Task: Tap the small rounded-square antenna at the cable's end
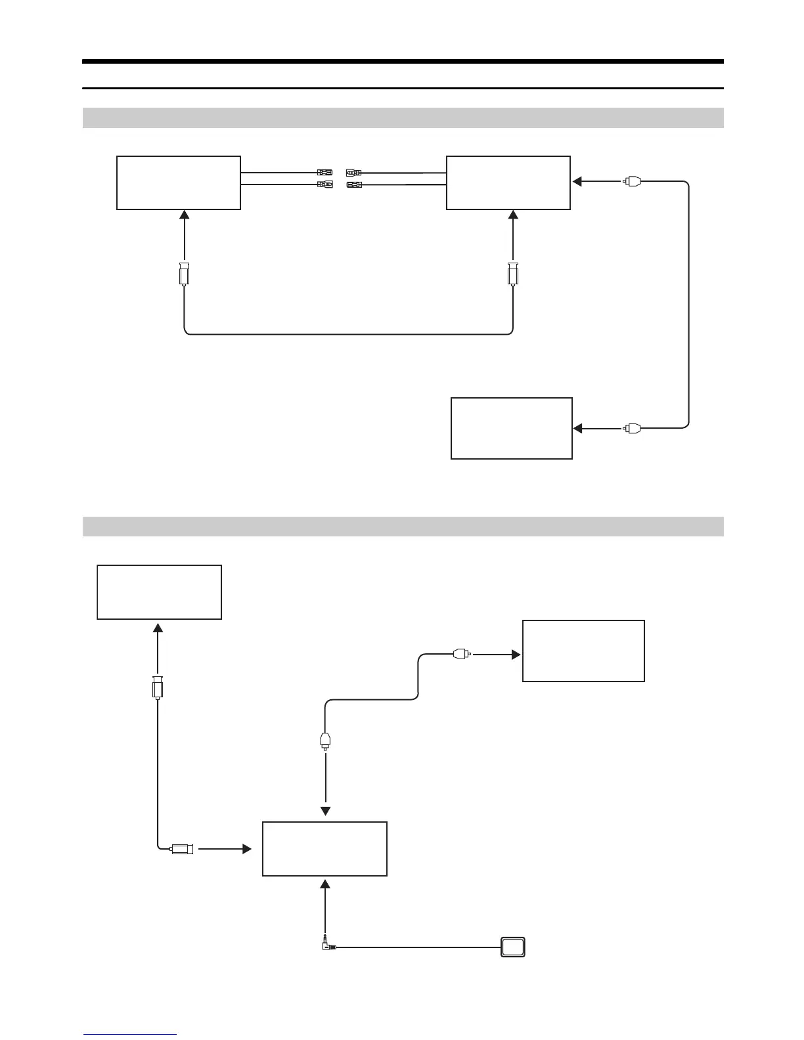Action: (x=513, y=947)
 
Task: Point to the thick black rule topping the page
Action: (x=402, y=62)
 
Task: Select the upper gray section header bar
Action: (x=402, y=118)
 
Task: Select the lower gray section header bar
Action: (x=402, y=527)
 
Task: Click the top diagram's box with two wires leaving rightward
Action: (x=179, y=183)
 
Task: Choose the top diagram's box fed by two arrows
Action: (x=508, y=183)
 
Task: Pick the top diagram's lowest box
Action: (x=511, y=428)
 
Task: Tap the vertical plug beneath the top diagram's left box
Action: (x=185, y=274)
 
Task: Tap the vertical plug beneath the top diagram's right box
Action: (x=513, y=274)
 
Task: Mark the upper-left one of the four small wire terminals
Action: (x=324, y=173)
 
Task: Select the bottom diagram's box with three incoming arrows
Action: (x=324, y=848)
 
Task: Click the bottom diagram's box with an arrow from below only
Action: (x=159, y=592)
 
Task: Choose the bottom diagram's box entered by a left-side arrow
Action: (x=583, y=651)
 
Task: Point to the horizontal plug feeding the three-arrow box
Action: (x=182, y=849)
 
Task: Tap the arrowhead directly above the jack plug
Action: (x=324, y=886)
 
